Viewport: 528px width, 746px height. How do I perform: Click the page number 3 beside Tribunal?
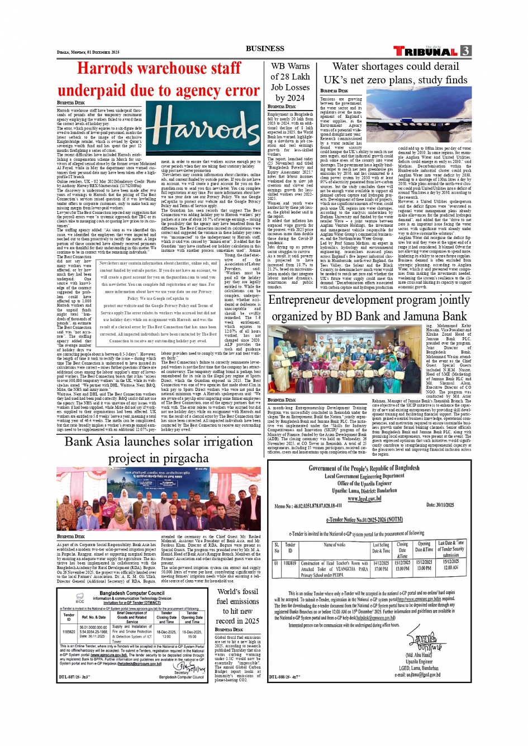tap(465, 51)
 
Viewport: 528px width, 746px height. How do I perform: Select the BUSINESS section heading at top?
tap(265, 49)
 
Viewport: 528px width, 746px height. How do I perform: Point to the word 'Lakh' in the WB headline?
tap(300, 76)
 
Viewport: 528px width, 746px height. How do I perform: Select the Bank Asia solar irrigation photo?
tap(158, 499)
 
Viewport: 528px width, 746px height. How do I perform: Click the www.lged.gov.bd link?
tap(364, 499)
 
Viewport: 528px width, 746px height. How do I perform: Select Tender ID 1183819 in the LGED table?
tap(289, 563)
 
